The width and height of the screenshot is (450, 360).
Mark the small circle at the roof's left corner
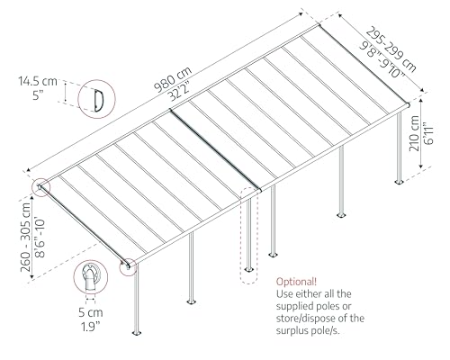click(42, 187)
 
